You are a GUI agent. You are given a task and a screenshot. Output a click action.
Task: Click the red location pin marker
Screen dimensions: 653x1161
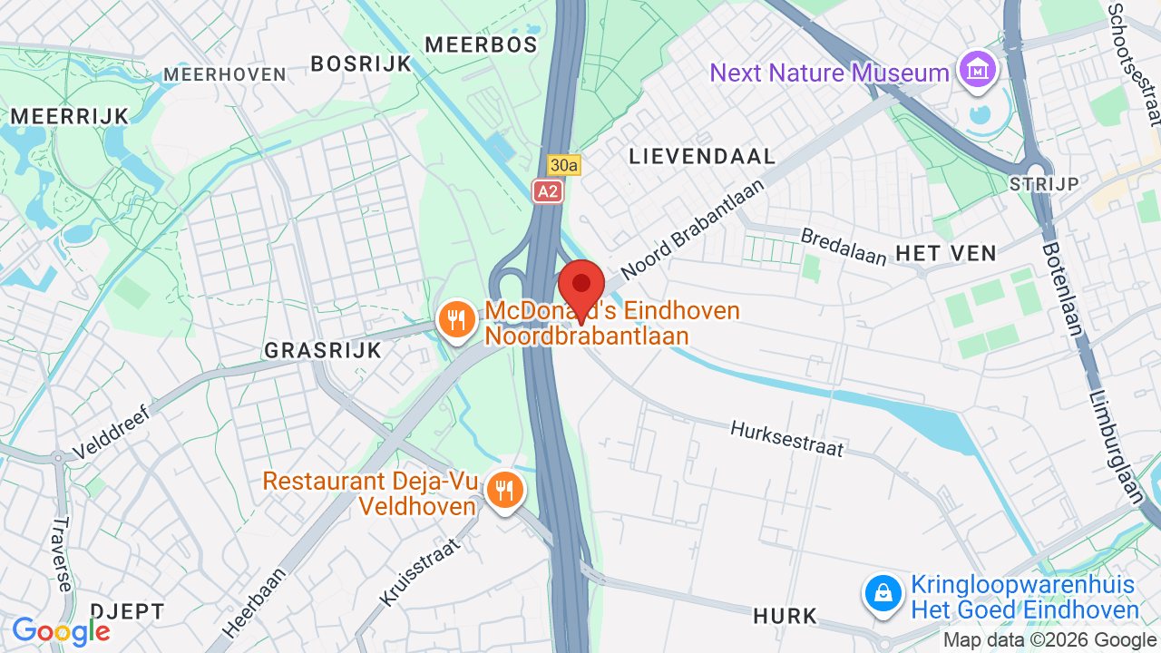[581, 287]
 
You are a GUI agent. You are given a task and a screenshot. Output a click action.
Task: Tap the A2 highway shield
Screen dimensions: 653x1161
[547, 191]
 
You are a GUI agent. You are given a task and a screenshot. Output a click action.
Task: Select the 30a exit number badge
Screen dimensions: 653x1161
[563, 165]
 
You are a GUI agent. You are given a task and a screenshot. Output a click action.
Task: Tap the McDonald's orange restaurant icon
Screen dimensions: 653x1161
[457, 320]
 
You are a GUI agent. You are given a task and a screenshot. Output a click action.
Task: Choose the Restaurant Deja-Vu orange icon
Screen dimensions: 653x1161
[503, 491]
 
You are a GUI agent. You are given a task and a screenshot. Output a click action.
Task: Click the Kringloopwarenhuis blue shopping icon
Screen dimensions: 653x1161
[883, 595]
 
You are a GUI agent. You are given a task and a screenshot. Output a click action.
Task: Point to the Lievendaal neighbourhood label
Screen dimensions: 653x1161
[703, 156]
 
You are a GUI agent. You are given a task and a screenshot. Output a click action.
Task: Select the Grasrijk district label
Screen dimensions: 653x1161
[323, 350]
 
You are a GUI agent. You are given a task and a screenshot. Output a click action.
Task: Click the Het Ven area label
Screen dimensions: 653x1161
[946, 253]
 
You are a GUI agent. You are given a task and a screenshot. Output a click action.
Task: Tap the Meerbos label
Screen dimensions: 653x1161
[481, 44]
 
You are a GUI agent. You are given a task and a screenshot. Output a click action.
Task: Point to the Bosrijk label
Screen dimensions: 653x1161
[361, 63]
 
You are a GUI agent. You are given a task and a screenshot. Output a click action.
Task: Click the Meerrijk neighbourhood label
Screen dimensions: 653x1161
[70, 115]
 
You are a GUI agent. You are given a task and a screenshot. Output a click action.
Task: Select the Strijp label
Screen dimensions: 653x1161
[1044, 184]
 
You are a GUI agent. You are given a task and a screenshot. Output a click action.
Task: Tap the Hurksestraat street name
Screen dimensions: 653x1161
[786, 438]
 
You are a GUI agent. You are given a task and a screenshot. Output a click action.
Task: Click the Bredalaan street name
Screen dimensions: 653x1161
[843, 247]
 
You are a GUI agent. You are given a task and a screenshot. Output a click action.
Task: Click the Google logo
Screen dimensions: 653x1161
[61, 631]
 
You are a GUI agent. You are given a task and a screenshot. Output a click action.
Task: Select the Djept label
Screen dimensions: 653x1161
[127, 611]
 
